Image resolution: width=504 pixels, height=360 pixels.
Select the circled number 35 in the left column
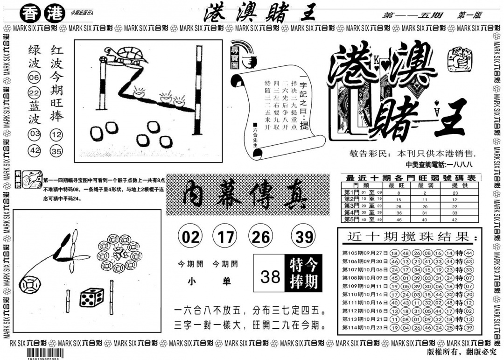57,151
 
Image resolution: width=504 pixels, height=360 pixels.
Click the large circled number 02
190,237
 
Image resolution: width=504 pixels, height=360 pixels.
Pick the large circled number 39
304,237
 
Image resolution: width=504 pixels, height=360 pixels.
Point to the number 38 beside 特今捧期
270,276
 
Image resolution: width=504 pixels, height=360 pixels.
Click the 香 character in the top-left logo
31,14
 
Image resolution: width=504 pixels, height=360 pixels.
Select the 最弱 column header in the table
425,185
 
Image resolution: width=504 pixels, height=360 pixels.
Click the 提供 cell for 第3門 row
455,205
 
